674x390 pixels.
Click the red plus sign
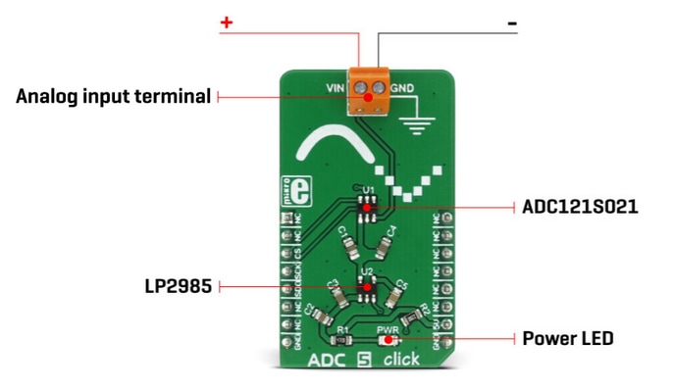[226, 23]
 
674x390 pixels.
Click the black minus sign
[511, 23]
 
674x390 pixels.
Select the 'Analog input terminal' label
[113, 96]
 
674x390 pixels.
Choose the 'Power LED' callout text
[567, 338]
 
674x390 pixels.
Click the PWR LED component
[388, 340]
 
